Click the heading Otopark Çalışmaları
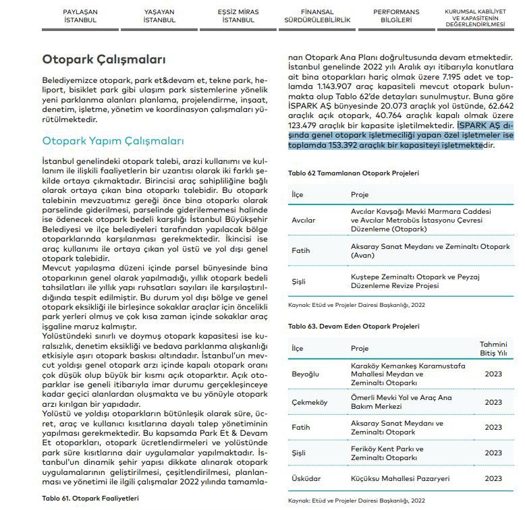103,59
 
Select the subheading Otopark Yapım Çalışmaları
113,141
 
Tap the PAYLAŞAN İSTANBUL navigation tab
80,16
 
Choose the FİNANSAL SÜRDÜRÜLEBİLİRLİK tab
317,16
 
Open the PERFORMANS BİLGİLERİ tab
396,16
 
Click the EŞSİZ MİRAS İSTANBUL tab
238,16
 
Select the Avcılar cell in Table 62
303,220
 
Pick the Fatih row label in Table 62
300,250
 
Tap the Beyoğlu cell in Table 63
305,373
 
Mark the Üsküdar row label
305,478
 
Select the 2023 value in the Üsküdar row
493,478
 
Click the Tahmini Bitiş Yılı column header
493,348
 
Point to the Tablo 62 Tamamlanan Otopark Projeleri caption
353,173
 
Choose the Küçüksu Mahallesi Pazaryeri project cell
400,478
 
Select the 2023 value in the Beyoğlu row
493,373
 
